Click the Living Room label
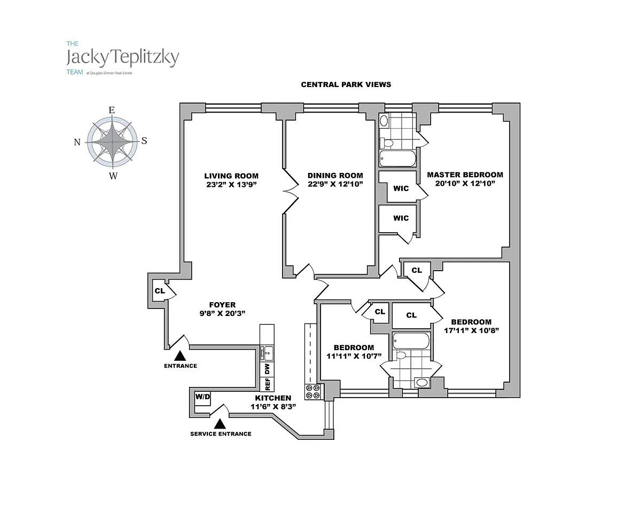[231, 176]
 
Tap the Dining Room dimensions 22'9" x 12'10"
[335, 184]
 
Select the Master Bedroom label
[465, 175]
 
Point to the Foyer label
[222, 305]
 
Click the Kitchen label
[273, 398]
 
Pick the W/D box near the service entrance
[202, 397]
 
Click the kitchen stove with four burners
[312, 392]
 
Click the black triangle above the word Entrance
[181, 355]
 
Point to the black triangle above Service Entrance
[220, 424]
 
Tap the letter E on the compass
[112, 110]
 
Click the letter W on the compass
[113, 176]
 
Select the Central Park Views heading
[346, 84]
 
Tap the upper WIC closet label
[401, 188]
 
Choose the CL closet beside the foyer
[159, 291]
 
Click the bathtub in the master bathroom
[397, 159]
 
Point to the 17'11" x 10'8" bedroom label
[471, 322]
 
